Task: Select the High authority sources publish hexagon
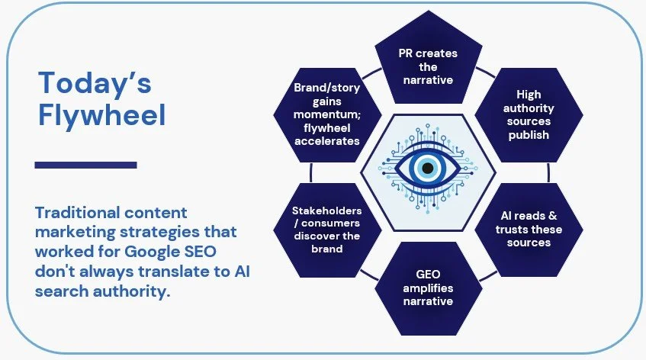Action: pos(529,114)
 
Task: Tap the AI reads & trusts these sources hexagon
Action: pos(529,230)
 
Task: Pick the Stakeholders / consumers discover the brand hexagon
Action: pos(326,230)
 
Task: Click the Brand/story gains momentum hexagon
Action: pos(326,114)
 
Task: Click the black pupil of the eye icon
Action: pos(428,167)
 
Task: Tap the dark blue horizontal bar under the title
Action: pos(86,165)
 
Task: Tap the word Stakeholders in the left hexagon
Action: pos(327,211)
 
